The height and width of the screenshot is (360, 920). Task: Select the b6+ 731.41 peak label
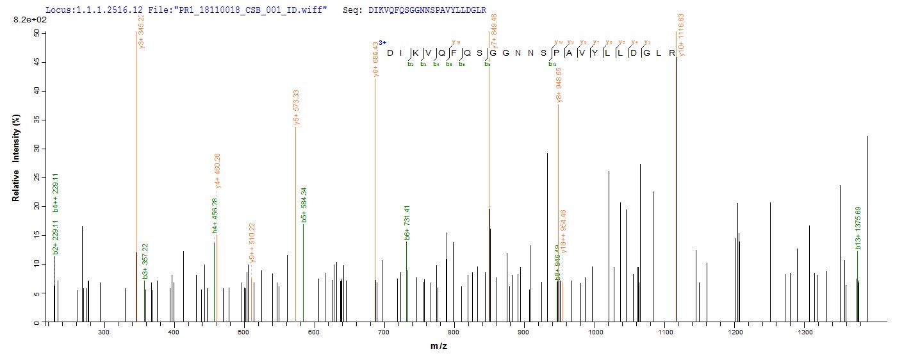[x=407, y=223]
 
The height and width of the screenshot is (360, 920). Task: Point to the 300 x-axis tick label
[x=104, y=332]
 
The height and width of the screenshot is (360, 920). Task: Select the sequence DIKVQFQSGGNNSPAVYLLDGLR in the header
[x=427, y=11]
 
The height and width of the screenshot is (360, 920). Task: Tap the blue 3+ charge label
[x=382, y=42]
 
